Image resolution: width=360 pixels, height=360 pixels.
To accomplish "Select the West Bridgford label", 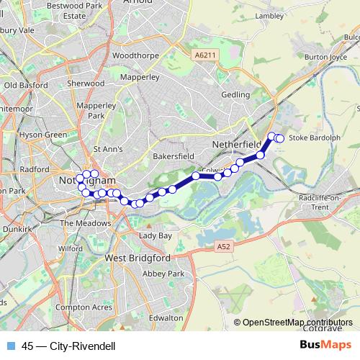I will (x=137, y=257).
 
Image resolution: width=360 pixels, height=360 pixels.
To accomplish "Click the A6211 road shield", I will (x=205, y=55).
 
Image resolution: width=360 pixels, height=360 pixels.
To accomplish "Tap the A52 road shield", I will (x=224, y=246).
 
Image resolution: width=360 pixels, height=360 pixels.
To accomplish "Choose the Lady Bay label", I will (x=156, y=235).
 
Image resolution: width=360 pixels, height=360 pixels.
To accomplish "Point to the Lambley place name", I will (x=270, y=14).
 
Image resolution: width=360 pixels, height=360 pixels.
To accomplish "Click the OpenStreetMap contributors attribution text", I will (x=297, y=323).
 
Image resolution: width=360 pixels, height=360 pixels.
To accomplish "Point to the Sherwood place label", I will (x=86, y=84).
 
